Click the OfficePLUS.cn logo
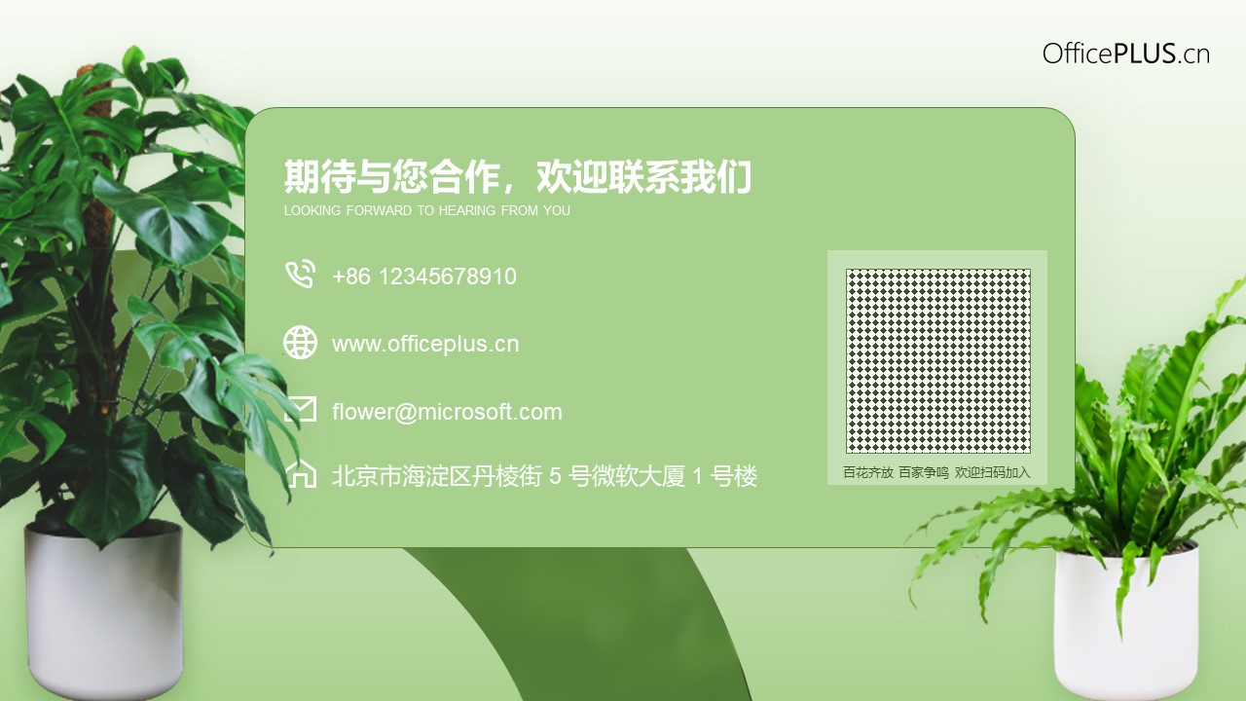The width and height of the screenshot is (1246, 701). tap(1126, 54)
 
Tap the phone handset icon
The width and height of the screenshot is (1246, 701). tap(301, 274)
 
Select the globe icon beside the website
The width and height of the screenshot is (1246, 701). tap(301, 342)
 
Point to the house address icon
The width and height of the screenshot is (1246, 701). tap(302, 474)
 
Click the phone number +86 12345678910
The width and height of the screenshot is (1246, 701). tap(424, 277)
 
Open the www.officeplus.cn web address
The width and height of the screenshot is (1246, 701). tap(425, 344)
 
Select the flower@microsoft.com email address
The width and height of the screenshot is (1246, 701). tap(447, 412)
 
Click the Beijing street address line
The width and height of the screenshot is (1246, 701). tap(544, 476)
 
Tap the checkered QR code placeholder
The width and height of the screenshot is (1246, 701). tap(938, 361)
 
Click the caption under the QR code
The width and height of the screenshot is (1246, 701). tap(936, 472)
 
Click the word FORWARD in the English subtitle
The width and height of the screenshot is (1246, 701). tap(380, 210)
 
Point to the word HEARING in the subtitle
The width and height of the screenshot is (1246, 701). tap(466, 210)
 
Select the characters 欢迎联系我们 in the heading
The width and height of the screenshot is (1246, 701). tap(643, 176)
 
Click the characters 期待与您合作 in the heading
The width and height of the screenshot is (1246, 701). tap(391, 176)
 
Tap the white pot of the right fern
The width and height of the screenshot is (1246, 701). tap(1126, 622)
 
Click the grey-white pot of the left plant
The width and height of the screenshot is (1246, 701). tap(104, 612)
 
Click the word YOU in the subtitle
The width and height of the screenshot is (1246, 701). tap(557, 210)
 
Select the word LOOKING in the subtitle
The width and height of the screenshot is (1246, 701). tap(312, 210)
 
